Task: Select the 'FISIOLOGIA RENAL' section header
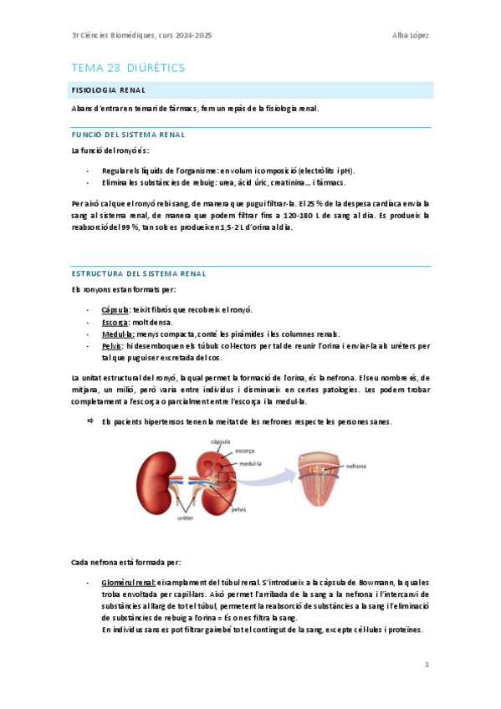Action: click(110, 90)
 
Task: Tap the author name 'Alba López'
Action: click(410, 35)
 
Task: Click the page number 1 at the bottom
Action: click(426, 665)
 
